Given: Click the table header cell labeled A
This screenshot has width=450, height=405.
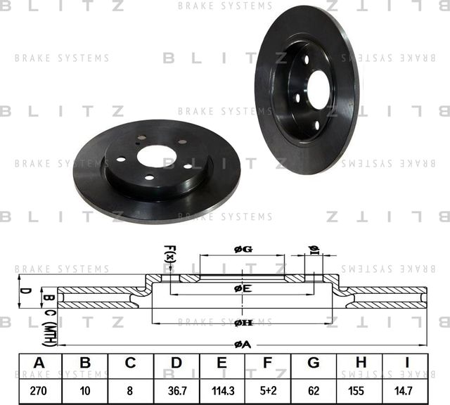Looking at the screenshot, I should pos(39,364).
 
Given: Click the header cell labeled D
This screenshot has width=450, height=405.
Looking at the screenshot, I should pos(176,364).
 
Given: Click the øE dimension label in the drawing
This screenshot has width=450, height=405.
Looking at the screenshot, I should pos(243,288).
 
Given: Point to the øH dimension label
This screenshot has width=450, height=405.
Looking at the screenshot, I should pos(243,322).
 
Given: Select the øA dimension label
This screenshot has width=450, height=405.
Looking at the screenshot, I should pos(243,344).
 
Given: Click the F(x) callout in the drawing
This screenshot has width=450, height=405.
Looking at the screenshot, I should pos(169,254).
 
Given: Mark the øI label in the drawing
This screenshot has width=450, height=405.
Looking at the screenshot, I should pos(314,251).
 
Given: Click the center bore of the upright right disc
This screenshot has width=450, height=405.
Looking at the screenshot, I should pos(319,90).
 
